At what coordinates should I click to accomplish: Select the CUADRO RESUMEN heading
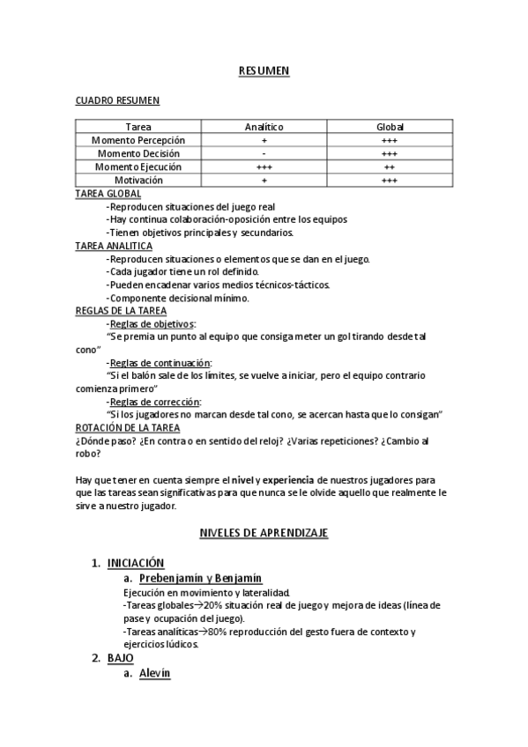pyautogui.click(x=117, y=100)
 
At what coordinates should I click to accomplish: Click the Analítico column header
pyautogui.click(x=264, y=127)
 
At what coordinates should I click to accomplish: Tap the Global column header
pyautogui.click(x=390, y=127)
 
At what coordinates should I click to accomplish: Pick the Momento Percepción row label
pyautogui.click(x=138, y=140)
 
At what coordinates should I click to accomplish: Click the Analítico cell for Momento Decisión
pyautogui.click(x=264, y=153)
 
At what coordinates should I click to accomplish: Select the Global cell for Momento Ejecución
pyautogui.click(x=390, y=166)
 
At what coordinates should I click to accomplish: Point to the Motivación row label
pyautogui.click(x=138, y=180)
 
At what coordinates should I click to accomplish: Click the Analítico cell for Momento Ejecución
pyautogui.click(x=264, y=166)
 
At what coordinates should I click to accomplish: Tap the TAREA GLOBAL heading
pyautogui.click(x=108, y=193)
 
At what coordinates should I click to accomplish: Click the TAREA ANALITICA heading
pyautogui.click(x=115, y=246)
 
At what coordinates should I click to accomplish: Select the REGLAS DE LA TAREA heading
pyautogui.click(x=122, y=310)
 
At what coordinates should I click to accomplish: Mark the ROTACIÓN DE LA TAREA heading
pyautogui.click(x=128, y=427)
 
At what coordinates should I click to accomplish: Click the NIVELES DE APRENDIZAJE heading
pyautogui.click(x=264, y=533)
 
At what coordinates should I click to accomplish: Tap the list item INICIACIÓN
pyautogui.click(x=136, y=562)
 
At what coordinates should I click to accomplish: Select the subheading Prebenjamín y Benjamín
pyautogui.click(x=200, y=578)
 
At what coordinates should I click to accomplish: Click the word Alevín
pyautogui.click(x=154, y=673)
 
